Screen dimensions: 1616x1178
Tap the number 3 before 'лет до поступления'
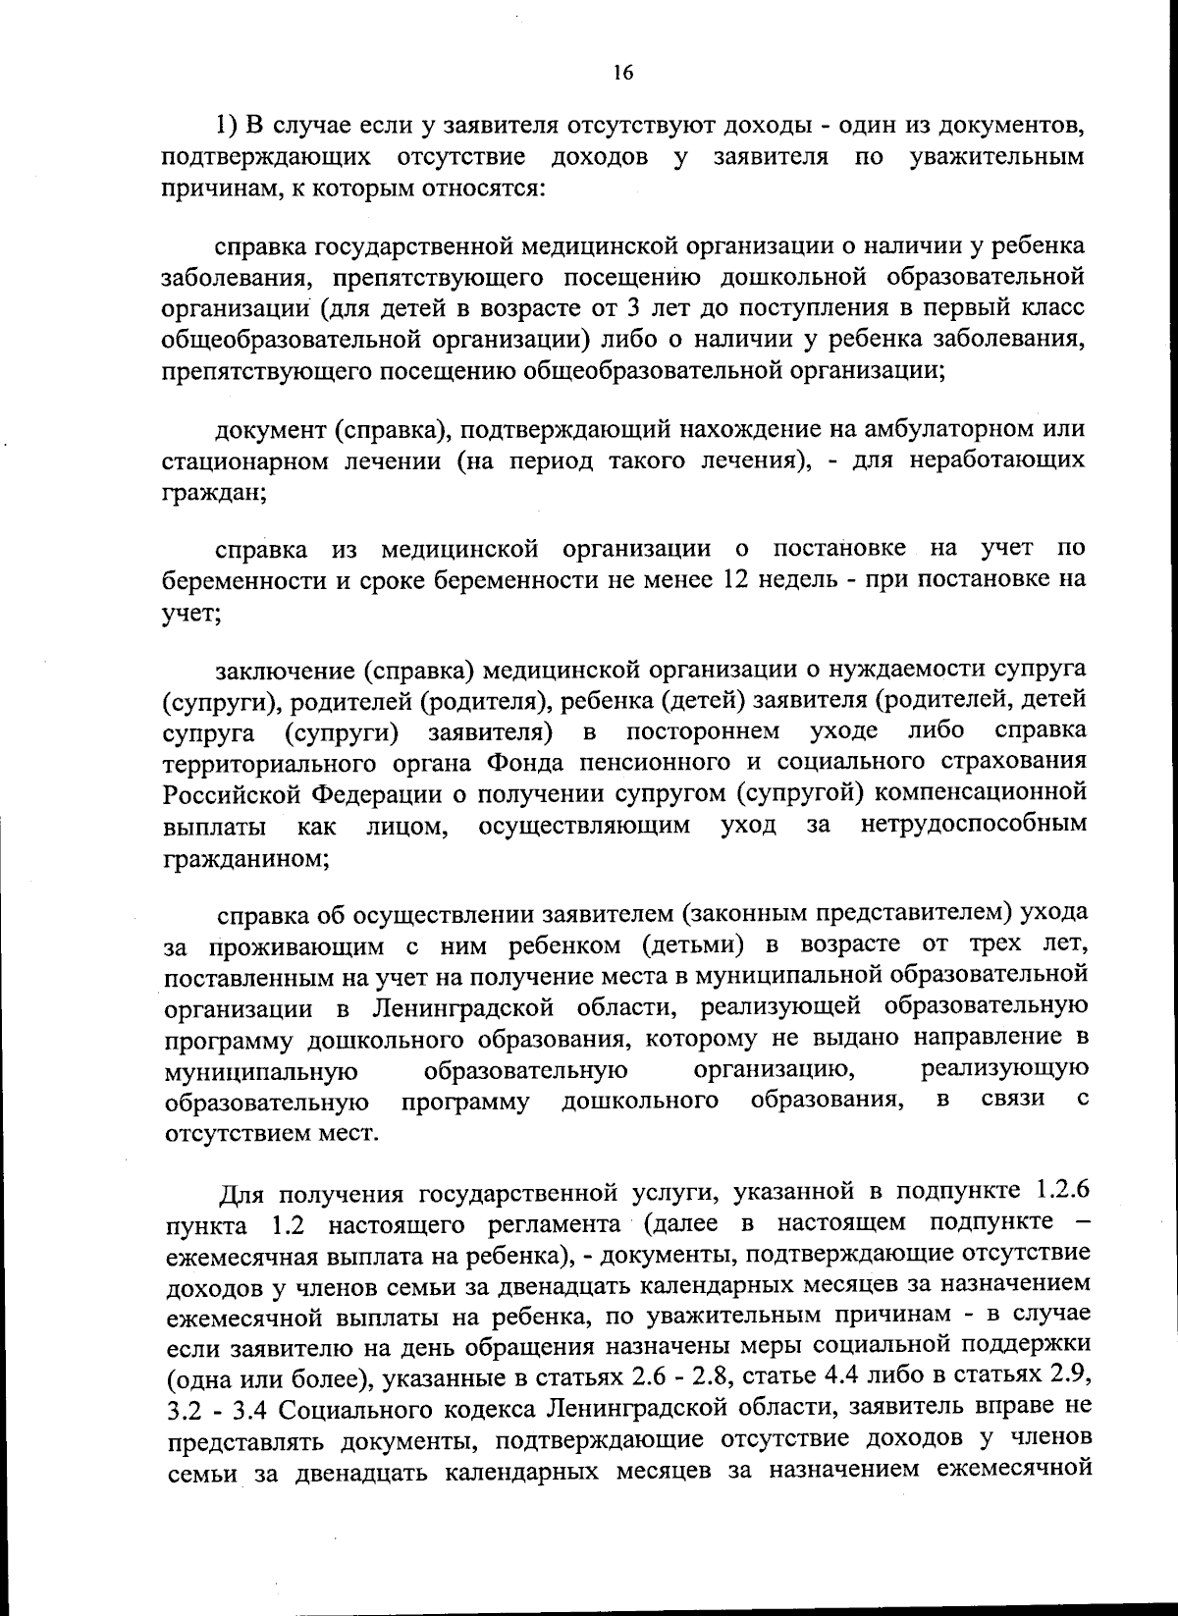(x=633, y=308)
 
